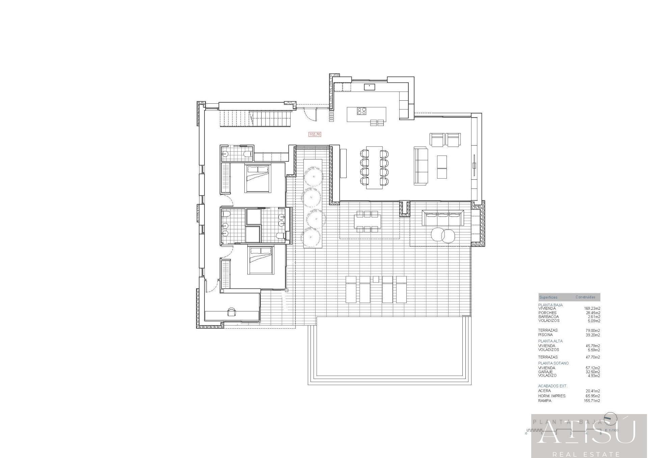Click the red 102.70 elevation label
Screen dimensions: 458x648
pos(315,134)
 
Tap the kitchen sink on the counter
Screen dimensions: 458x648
pos(370,87)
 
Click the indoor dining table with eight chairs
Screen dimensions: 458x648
pos(374,168)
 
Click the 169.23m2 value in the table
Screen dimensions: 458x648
pos(592,308)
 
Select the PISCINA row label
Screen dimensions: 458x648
pos(545,335)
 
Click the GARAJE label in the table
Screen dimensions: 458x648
pos(545,372)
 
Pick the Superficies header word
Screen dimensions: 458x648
pos(548,297)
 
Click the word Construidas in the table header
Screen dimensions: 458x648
pos(585,297)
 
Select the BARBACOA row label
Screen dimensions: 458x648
pos(548,317)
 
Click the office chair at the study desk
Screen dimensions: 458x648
pos(232,312)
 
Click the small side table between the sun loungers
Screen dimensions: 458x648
pos(376,279)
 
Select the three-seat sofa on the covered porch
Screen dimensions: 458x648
pos(443,218)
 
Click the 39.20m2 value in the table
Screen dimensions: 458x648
pos(593,335)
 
